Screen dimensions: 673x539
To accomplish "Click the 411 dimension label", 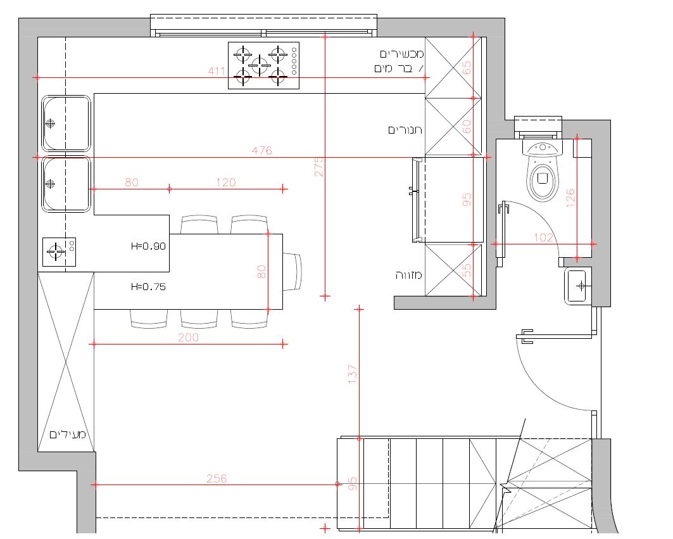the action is click(x=217, y=71).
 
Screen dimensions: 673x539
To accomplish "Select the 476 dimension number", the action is click(x=262, y=151).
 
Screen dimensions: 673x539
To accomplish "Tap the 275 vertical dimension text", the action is click(x=319, y=166).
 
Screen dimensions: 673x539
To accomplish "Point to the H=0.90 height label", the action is click(x=148, y=246).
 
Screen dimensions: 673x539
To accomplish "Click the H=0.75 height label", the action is click(x=148, y=286).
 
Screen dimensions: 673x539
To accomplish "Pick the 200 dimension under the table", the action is click(x=188, y=338).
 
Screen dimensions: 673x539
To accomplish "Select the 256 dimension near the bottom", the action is click(x=217, y=478).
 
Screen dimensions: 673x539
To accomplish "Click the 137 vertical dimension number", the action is click(x=353, y=374).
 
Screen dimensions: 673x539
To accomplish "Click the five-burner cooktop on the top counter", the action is click(x=263, y=65).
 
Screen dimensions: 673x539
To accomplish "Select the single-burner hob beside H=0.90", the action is click(x=60, y=251).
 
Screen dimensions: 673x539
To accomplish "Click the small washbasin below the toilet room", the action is click(x=577, y=286).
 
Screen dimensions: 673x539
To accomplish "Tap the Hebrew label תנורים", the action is click(x=405, y=130).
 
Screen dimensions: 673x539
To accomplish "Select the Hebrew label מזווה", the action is click(x=408, y=275).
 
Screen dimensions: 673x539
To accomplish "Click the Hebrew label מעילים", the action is click(x=68, y=434).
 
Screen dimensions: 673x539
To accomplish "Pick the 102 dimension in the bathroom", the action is click(x=543, y=238).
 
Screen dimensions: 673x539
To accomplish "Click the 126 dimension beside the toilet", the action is click(x=570, y=198).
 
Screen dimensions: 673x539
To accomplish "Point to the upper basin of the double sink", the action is click(x=66, y=124).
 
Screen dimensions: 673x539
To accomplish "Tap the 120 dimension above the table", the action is click(x=226, y=182).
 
